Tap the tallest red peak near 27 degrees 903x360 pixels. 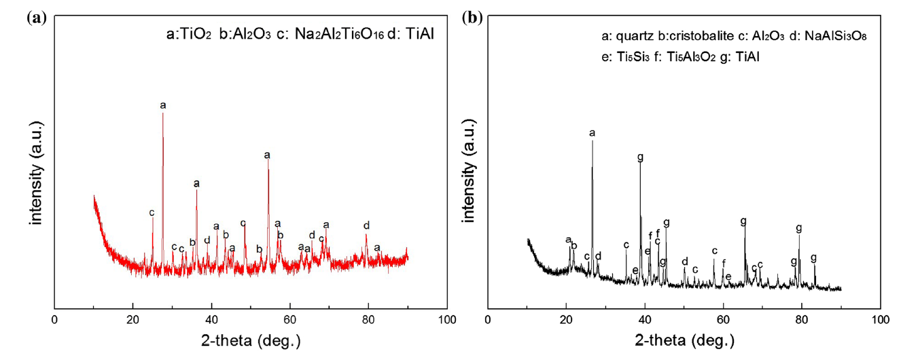(163, 114)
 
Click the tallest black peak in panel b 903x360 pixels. (592, 141)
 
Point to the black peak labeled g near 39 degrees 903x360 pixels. (640, 165)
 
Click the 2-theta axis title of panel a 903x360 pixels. (250, 340)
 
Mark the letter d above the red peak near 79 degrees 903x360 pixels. (367, 226)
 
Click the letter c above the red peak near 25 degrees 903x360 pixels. (152, 213)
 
